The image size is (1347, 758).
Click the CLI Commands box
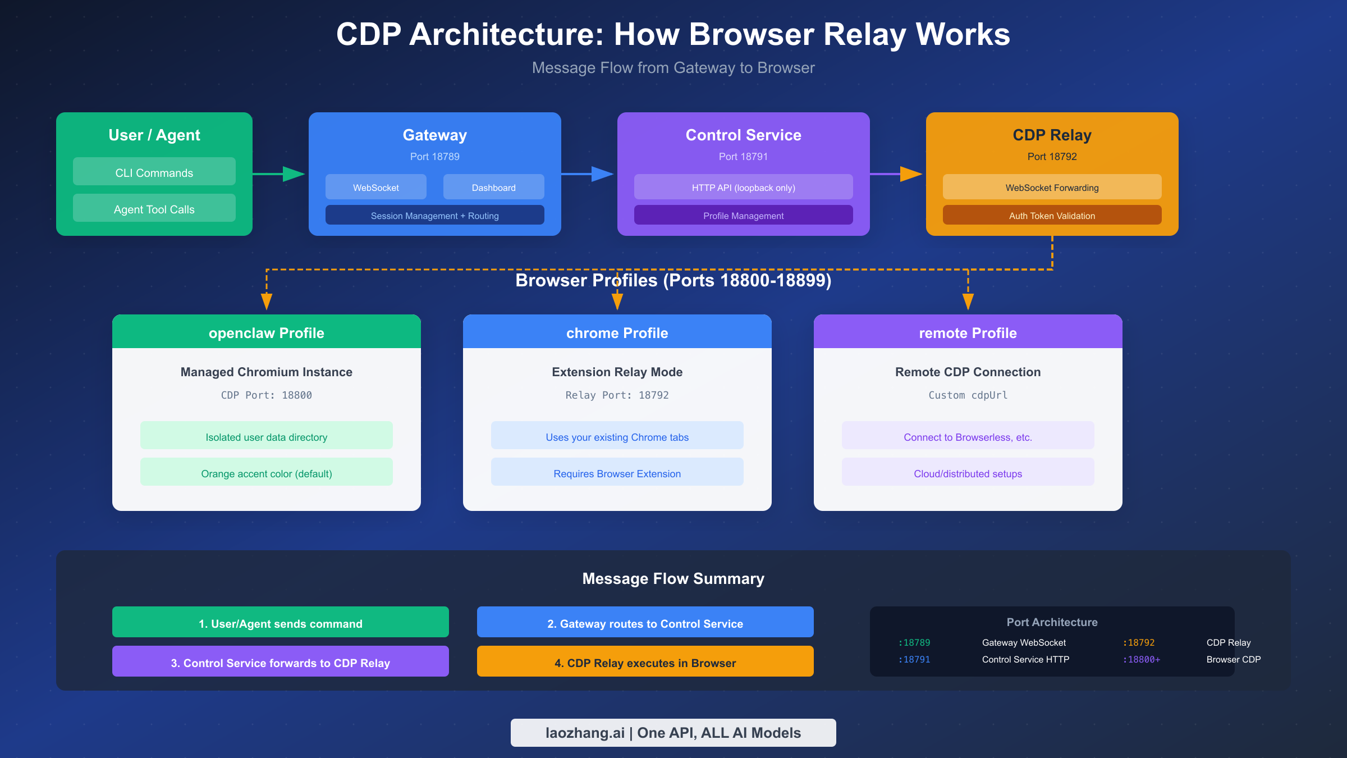coord(154,172)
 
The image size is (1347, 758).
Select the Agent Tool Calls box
coord(154,208)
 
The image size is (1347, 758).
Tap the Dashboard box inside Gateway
coord(493,187)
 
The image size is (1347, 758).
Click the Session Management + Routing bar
coord(434,215)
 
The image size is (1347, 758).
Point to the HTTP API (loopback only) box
coord(743,187)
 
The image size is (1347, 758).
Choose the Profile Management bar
coord(743,215)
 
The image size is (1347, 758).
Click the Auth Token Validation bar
coord(1052,215)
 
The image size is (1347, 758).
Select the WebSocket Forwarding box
coord(1052,187)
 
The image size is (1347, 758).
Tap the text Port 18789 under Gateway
coord(434,157)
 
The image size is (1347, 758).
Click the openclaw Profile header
coord(267,332)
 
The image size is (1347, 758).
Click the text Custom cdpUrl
coord(968,395)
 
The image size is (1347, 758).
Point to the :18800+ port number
coord(1141,659)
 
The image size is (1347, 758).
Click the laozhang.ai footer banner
coord(673,732)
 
